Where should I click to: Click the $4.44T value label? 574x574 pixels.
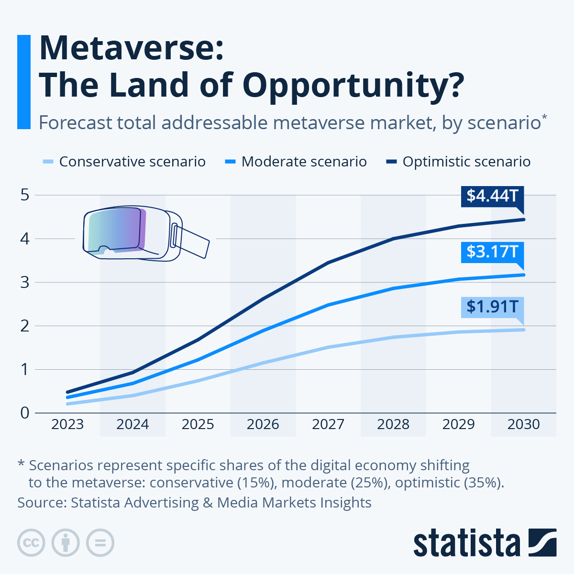tap(492, 196)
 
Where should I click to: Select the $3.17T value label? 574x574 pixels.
tap(492, 252)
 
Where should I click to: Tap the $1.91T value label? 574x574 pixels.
tap(492, 307)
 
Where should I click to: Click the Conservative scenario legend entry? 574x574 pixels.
tap(124, 162)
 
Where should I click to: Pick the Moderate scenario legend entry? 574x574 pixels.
tap(296, 162)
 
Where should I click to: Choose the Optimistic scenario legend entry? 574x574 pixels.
tap(458, 162)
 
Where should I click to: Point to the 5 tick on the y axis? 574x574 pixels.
tap(25, 195)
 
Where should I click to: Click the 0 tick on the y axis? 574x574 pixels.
tap(25, 413)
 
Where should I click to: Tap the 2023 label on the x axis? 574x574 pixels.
tap(67, 424)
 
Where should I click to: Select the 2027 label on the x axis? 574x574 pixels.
tap(328, 424)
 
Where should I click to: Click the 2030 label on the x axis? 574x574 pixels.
tap(523, 424)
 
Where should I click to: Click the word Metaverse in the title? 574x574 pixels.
tap(131, 48)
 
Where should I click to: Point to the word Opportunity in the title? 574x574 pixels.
tap(353, 85)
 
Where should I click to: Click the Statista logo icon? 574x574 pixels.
tap(542, 542)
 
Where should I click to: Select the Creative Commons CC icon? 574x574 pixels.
tap(31, 543)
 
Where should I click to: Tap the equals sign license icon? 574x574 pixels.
tap(100, 543)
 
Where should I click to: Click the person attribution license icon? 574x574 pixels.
tap(66, 543)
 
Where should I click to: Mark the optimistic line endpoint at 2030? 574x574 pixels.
tap(523, 220)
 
